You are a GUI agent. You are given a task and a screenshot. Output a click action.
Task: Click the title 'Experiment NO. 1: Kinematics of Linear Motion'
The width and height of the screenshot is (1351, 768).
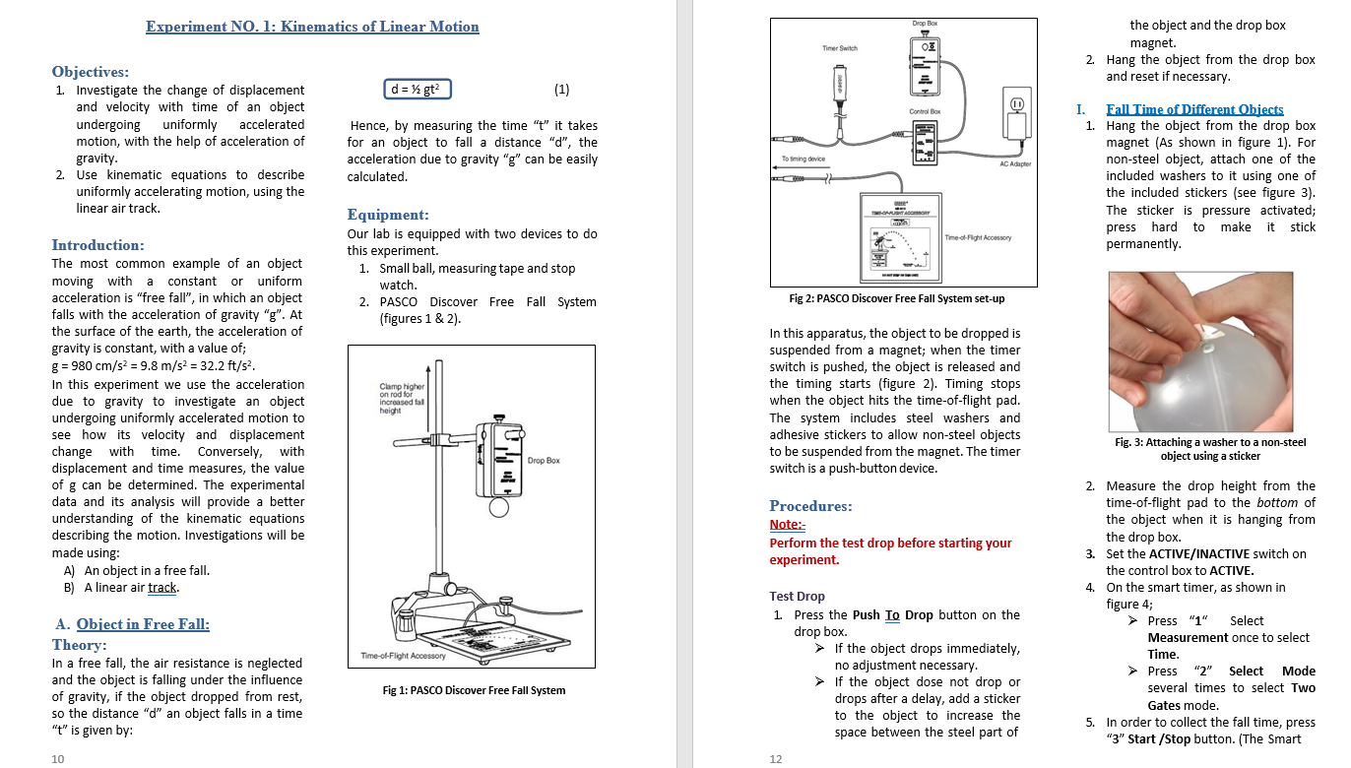point(312,27)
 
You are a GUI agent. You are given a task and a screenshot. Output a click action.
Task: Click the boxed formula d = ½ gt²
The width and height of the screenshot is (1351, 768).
point(418,90)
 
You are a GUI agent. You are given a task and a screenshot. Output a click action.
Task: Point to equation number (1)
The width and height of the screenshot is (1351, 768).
point(561,90)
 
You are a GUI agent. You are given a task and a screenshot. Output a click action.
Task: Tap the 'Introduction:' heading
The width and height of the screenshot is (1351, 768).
point(97,245)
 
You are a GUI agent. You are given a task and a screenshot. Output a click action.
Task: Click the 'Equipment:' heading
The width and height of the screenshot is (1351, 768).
point(388,215)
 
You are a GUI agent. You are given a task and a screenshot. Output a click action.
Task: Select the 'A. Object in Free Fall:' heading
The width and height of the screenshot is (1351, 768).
point(132,624)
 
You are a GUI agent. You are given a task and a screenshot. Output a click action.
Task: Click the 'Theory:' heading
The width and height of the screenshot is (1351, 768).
point(79,645)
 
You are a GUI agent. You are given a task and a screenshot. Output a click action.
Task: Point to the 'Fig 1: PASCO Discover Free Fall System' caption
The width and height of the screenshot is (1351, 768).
point(474,690)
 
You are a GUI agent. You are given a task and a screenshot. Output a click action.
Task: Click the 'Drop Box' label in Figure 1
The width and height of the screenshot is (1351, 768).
point(544,461)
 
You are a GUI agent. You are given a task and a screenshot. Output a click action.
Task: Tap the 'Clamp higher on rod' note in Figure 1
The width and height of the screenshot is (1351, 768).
point(402,399)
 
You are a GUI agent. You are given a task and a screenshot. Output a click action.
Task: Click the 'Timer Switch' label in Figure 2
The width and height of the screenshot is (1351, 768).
point(840,48)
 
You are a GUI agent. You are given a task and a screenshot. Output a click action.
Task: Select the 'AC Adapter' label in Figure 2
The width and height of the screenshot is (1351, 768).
point(1015,164)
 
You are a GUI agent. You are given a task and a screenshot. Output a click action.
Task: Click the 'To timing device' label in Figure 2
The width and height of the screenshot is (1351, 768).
point(804,159)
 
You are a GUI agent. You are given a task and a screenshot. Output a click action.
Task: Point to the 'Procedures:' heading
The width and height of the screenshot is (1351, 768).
point(810,506)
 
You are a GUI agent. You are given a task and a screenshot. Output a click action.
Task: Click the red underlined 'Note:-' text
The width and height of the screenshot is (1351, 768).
point(787,525)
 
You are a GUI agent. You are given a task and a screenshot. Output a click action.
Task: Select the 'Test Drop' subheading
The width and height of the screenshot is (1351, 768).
point(797,597)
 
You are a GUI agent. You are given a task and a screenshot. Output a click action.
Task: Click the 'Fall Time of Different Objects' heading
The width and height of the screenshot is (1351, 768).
point(1194,109)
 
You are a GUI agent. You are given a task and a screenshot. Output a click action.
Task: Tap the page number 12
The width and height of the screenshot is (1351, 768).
point(775,758)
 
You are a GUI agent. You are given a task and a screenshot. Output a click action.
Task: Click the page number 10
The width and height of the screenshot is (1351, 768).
point(58,758)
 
